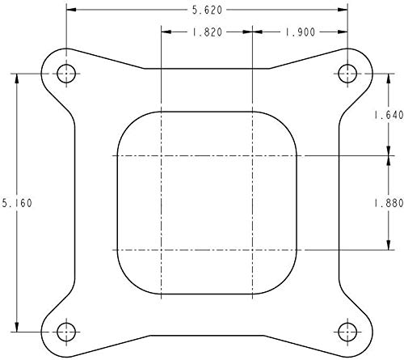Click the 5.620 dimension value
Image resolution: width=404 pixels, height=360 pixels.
click(207, 10)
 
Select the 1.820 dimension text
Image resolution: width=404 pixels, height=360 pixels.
click(207, 32)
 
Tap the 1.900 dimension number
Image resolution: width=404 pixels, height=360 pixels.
click(300, 32)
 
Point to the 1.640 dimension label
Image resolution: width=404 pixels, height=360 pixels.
click(389, 115)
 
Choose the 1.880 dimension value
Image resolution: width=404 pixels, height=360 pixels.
click(389, 203)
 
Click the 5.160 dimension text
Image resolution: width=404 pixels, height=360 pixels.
click(17, 203)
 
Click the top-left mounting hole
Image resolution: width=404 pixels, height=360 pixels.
click(66, 74)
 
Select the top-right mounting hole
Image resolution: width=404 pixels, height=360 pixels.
click(347, 74)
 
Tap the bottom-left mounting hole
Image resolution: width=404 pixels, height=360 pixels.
click(66, 332)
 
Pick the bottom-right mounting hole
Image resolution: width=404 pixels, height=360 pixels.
click(347, 332)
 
